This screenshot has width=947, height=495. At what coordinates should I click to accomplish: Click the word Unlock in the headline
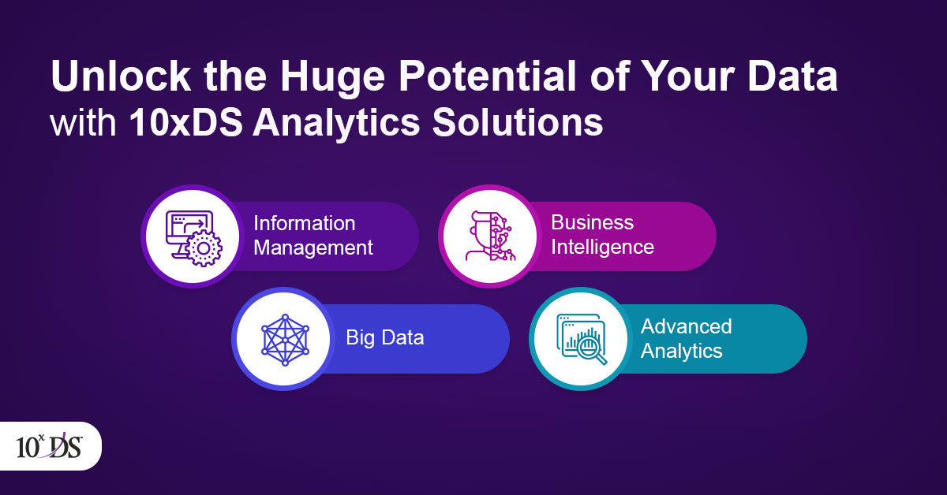(x=121, y=76)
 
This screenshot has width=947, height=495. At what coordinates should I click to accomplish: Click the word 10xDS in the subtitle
(x=185, y=122)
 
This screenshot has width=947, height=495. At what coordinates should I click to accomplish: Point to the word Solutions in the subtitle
(x=518, y=122)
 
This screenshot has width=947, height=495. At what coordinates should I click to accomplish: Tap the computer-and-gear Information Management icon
(x=193, y=239)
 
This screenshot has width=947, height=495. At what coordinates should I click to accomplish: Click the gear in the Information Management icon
(x=204, y=249)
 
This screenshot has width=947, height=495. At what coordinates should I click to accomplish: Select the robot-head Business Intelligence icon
(x=490, y=236)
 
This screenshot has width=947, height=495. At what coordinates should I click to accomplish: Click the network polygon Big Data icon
(x=285, y=340)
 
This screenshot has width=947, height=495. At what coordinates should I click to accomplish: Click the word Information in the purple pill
(x=305, y=223)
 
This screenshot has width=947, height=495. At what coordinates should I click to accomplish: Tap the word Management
(x=313, y=248)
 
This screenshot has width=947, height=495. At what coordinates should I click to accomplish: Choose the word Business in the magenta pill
(x=593, y=222)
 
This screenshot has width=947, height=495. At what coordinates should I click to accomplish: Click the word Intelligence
(x=602, y=247)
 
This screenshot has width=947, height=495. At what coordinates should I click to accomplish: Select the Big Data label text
(x=385, y=337)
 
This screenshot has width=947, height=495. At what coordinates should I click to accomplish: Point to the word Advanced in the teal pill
(x=686, y=326)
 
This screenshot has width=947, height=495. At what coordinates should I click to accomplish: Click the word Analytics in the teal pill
(x=682, y=351)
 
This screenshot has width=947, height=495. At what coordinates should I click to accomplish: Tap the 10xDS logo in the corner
(x=49, y=446)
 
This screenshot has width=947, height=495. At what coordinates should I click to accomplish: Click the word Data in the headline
(x=792, y=76)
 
